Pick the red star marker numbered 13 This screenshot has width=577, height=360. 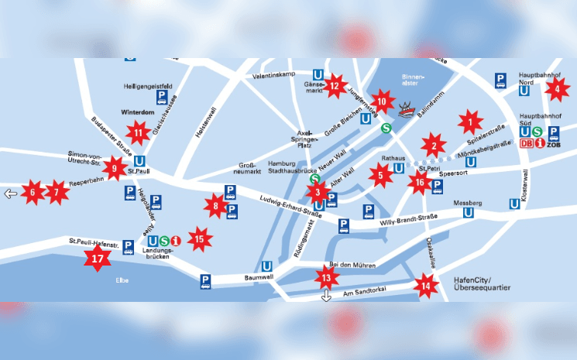[x=326, y=277]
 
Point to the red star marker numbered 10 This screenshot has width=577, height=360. [x=381, y=101]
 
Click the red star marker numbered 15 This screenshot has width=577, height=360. [x=200, y=239]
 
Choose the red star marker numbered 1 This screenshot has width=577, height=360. [x=469, y=121]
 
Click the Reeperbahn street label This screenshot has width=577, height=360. [x=86, y=184]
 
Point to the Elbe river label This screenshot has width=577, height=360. [x=122, y=279]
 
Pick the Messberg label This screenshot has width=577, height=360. [x=468, y=203]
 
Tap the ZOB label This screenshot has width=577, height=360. [x=553, y=144]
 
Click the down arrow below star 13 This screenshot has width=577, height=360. [x=326, y=295]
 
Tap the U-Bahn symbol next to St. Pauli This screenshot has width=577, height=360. [x=141, y=162]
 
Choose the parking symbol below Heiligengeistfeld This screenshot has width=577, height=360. [x=162, y=97]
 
